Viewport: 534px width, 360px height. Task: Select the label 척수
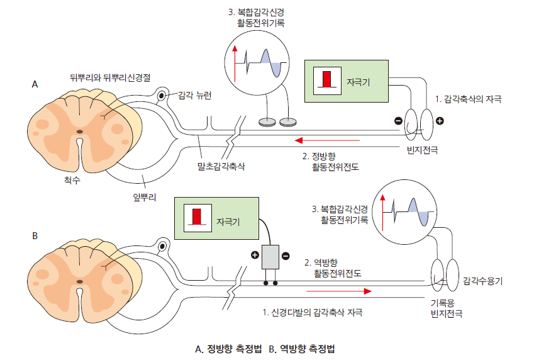tap(72, 179)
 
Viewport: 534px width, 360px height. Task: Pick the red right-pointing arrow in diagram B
tap(339, 291)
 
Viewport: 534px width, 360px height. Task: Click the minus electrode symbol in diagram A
tap(398, 121)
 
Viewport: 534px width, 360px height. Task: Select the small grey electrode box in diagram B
tap(272, 257)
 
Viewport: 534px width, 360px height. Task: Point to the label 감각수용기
tap(482, 279)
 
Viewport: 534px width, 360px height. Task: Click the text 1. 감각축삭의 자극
tap(468, 99)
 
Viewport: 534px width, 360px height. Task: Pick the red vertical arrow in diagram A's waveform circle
tap(235, 62)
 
